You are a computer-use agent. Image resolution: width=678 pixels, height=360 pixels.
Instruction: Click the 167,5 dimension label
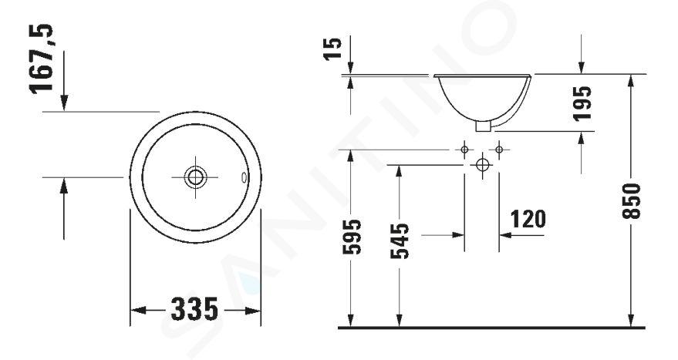(x=41, y=59)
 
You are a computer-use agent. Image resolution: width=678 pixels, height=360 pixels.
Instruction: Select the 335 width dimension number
(x=194, y=309)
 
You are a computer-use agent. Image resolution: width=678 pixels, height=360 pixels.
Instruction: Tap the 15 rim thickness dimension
(x=333, y=49)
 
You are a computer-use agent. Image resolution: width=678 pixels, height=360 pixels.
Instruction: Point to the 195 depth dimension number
(x=582, y=104)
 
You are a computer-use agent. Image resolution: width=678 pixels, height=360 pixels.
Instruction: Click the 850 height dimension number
(x=632, y=201)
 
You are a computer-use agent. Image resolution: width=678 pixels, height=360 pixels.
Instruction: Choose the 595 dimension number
(x=352, y=237)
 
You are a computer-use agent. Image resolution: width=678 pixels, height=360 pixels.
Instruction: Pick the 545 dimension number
(x=400, y=241)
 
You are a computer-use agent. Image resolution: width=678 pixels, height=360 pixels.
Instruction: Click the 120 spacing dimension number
(x=528, y=219)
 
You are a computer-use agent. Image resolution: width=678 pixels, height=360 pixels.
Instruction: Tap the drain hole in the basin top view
(x=195, y=177)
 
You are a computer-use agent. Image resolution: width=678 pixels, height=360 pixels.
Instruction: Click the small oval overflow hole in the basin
(x=244, y=177)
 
